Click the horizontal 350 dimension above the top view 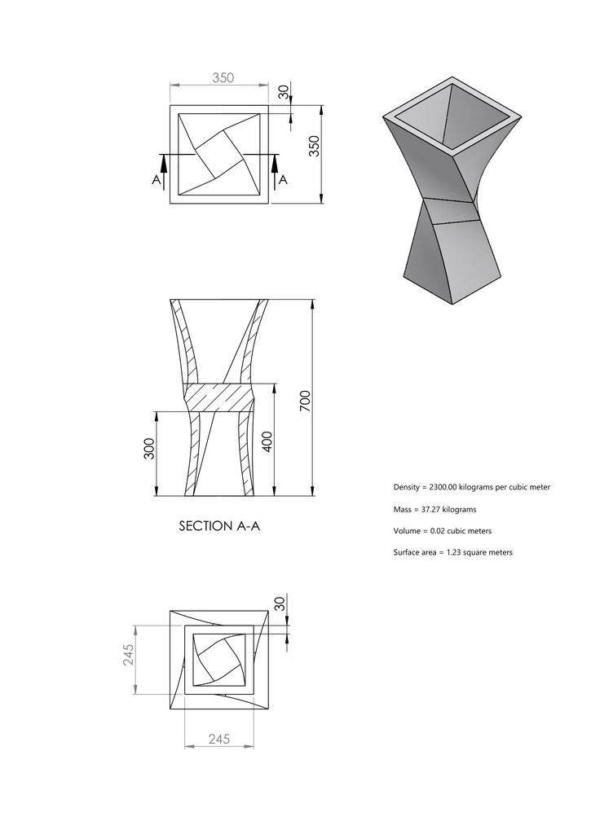(223, 78)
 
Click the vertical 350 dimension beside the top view (314, 147)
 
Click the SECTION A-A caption (218, 526)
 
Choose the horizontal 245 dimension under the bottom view (219, 740)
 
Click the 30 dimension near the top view (283, 92)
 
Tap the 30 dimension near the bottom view (280, 604)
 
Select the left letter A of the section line (155, 182)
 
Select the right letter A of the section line (283, 182)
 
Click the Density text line (471, 487)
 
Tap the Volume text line (442, 531)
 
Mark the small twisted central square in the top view (218, 154)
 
